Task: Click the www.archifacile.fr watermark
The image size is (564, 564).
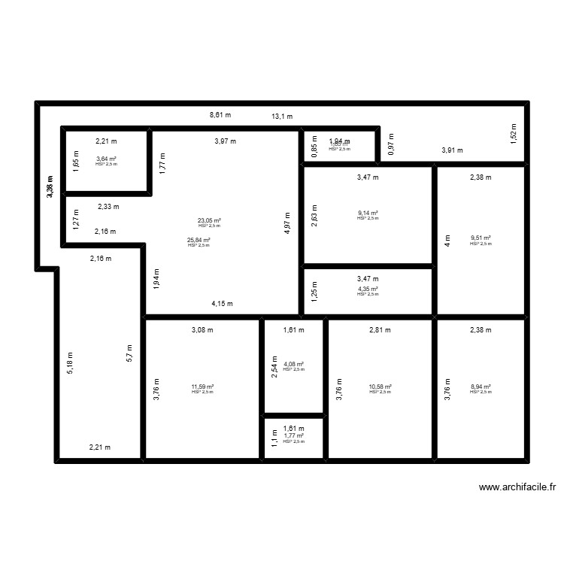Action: coord(517,487)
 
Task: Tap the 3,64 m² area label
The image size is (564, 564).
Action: coord(106,159)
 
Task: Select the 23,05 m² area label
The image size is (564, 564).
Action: coord(209,221)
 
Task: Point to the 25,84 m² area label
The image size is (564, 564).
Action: coord(199,240)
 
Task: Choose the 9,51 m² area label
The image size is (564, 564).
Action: coord(481,238)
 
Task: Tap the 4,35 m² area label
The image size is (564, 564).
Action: coord(368,289)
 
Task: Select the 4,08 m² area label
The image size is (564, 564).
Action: coord(293,365)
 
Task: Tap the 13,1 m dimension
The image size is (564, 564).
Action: coord(282,117)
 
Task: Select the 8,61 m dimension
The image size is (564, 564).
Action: coord(220,115)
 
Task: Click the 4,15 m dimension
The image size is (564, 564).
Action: coord(222,304)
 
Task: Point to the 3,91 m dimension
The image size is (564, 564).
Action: coord(452,150)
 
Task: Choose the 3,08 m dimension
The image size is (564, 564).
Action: coord(202,329)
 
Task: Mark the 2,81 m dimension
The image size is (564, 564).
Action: coord(380,329)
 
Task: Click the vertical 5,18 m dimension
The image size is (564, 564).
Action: coord(71,363)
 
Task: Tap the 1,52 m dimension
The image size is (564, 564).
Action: coord(514,132)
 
